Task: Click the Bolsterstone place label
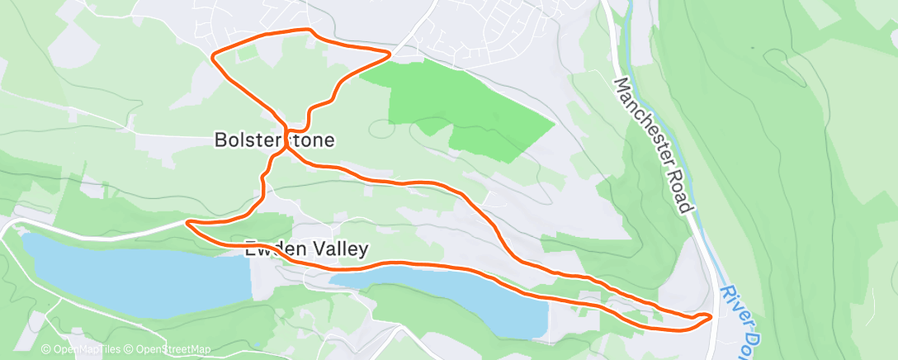pos(274,140)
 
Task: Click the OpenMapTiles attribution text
pos(83,349)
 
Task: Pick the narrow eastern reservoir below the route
pos(462,297)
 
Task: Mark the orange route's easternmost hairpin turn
pos(709,317)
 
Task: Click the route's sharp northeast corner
pos(389,54)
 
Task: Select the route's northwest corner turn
pos(214,57)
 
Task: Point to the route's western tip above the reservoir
pos(188,222)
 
